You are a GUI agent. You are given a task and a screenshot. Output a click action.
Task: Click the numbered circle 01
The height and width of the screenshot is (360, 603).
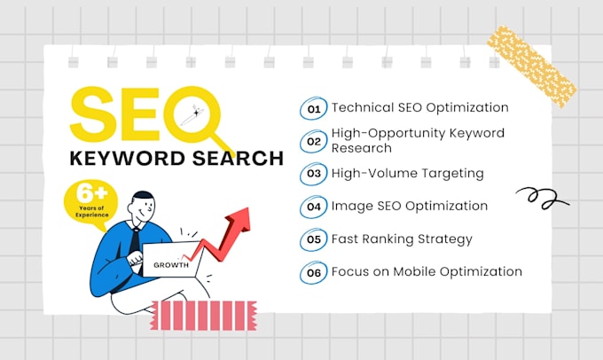click(x=313, y=108)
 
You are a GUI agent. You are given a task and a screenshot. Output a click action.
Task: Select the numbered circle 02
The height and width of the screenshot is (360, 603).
click(x=313, y=142)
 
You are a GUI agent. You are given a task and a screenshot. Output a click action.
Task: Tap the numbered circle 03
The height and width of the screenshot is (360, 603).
click(x=313, y=174)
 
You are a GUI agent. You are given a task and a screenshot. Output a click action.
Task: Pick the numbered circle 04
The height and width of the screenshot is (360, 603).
click(x=313, y=207)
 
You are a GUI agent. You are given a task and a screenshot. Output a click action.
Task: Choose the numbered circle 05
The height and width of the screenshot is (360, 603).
click(x=313, y=239)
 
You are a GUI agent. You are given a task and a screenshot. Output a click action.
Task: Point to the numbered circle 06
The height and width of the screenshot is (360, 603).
click(x=313, y=273)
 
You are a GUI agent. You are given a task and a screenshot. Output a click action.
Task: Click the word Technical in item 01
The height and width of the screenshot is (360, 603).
click(x=363, y=107)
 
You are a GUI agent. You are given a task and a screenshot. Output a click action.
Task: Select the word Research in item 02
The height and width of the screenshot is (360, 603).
click(x=362, y=148)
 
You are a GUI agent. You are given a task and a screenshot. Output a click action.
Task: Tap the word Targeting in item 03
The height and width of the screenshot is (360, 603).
click(x=452, y=174)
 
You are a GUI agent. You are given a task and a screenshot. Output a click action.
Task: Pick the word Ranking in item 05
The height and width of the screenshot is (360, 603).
click(x=388, y=239)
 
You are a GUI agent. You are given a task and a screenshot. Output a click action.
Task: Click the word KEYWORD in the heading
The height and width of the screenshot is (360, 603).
click(x=128, y=158)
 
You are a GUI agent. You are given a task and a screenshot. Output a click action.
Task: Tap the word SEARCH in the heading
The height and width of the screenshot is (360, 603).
click(x=238, y=158)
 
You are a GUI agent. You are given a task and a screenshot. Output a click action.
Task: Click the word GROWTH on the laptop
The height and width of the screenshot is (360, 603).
click(x=171, y=265)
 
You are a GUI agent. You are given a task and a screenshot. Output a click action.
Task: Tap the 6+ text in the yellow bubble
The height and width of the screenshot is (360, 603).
click(x=91, y=193)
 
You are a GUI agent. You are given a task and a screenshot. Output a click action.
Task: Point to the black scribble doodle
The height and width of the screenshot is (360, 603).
click(x=542, y=198)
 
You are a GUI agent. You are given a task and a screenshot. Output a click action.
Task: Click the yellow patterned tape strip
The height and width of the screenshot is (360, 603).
click(x=532, y=67)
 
